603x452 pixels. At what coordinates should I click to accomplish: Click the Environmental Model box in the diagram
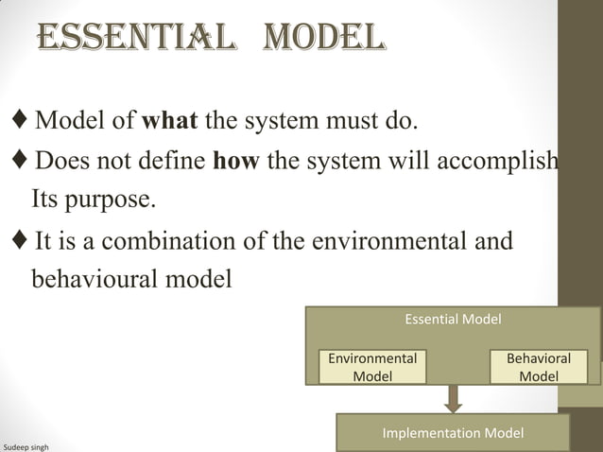372,367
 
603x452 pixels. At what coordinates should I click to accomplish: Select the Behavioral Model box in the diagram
538,367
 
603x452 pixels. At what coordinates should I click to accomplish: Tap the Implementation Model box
453,433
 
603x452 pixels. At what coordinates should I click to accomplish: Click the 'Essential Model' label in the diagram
453,320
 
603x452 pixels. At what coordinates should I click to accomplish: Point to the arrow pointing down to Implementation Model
454,399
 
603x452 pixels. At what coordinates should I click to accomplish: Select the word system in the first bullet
281,123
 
